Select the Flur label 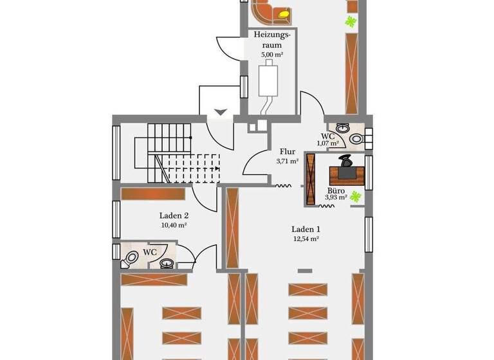coord(287,152)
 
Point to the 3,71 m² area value coord(287,161)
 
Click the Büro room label coord(335,191)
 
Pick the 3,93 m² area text coord(335,198)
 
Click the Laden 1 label coord(306,229)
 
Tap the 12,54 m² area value coord(306,239)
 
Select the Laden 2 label coord(174,216)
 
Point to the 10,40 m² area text coord(174,226)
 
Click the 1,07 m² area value coord(328,143)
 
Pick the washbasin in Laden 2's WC coord(167,262)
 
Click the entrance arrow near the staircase coord(221,112)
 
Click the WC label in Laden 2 coord(149,252)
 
